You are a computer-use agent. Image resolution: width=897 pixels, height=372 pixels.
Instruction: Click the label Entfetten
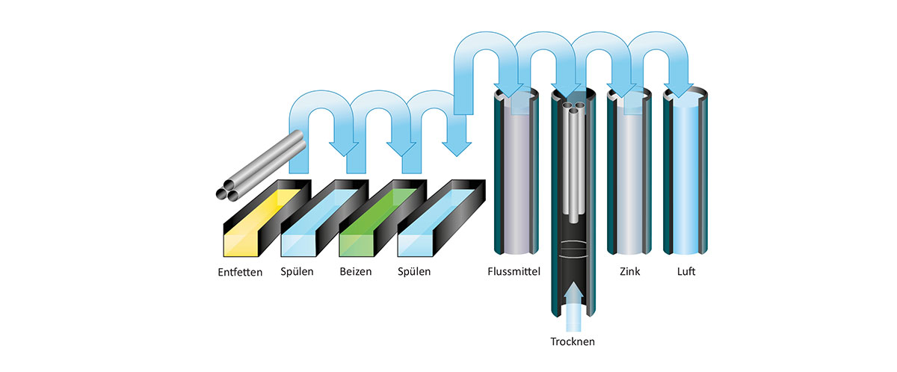pos(240,272)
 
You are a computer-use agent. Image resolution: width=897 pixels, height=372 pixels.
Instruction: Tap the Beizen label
pos(356,272)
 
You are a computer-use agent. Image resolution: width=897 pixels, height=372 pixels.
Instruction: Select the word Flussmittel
pos(514,272)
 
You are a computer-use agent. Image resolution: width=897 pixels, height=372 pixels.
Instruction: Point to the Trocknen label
pos(573,341)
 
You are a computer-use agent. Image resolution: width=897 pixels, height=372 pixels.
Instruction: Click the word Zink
pos(630,272)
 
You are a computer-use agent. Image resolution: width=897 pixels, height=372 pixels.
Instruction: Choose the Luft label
pos(686,272)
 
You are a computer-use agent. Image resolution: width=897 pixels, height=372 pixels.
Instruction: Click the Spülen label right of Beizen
pos(414,272)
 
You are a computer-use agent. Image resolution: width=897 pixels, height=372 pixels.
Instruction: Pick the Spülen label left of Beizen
pos(297,272)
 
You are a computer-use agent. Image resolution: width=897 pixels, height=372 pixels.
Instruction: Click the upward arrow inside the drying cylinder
pos(573,306)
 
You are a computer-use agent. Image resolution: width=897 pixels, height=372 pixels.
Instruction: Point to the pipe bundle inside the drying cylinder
pos(573,160)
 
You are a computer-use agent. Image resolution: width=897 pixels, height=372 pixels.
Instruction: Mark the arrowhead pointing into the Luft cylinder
pos(679,90)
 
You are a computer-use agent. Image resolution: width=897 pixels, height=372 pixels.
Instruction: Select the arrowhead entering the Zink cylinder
pos(621,90)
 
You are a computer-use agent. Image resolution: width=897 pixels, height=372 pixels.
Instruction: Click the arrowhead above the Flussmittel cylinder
pos(509,90)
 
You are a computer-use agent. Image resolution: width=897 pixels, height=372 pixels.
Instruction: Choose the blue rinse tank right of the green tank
pos(440,218)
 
